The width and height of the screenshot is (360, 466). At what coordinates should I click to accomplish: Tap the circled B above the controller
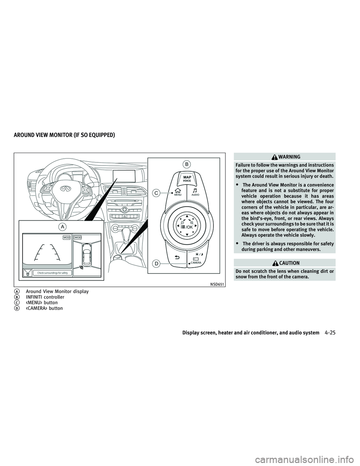(187, 164)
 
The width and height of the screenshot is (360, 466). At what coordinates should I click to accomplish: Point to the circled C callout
(156, 193)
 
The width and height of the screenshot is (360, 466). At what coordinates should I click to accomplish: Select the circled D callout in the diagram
(156, 263)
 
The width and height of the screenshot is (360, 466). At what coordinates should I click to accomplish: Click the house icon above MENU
(178, 190)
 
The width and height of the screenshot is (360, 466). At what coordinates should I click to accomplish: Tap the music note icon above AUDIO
(195, 190)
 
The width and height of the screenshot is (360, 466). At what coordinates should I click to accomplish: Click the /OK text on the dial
(189, 227)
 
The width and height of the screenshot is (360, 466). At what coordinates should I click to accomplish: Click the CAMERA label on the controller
(196, 263)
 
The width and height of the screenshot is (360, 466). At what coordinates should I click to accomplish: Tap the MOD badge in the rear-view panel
(67, 238)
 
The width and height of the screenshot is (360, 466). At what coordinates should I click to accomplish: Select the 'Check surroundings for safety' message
(52, 273)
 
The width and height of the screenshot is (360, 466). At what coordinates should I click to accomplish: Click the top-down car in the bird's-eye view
(86, 254)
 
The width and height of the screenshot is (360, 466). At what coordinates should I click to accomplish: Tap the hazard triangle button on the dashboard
(123, 217)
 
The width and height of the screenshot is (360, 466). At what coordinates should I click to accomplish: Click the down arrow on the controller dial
(187, 235)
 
